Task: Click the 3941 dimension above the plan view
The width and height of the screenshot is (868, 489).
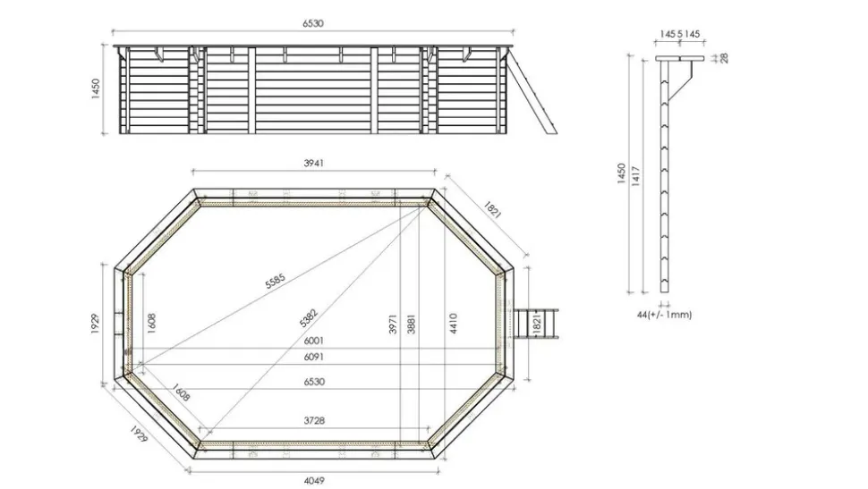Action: [312, 163]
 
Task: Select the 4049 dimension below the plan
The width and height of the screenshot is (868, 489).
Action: [312, 480]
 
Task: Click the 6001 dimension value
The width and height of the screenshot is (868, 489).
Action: [312, 341]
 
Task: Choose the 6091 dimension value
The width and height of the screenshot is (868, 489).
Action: [312, 358]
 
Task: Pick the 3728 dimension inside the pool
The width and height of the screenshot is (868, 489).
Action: [312, 421]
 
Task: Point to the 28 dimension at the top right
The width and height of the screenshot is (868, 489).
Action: [724, 58]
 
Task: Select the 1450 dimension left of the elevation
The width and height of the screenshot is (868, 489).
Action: [96, 89]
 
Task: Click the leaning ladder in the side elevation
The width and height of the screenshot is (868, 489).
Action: [532, 89]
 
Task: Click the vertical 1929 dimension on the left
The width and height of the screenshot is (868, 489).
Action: [96, 324]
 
